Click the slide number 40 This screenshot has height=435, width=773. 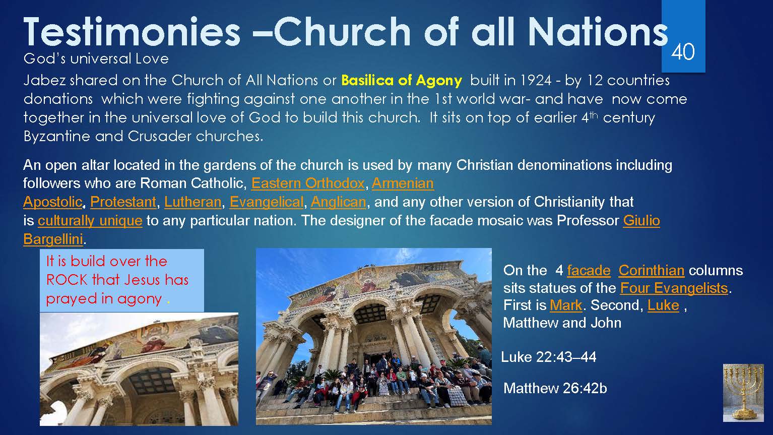(683, 52)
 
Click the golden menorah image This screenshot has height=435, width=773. (743, 393)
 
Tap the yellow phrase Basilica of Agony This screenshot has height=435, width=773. (401, 81)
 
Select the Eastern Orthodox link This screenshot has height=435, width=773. (308, 183)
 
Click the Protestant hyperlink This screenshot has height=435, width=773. (123, 202)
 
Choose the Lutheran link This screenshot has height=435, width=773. (193, 202)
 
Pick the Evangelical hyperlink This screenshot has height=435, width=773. (267, 202)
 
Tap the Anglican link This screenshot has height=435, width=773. (338, 202)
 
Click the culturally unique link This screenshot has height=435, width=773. (90, 221)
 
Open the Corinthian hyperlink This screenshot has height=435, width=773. (651, 270)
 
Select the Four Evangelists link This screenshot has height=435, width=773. (674, 288)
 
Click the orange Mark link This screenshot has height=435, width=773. (566, 305)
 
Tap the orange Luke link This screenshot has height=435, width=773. (663, 305)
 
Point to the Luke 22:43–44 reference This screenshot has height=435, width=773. (549, 357)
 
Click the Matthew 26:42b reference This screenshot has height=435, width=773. (555, 389)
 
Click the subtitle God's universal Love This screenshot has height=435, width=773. (96, 58)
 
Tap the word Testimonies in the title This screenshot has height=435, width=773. (132, 32)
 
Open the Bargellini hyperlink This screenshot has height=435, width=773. (53, 239)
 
